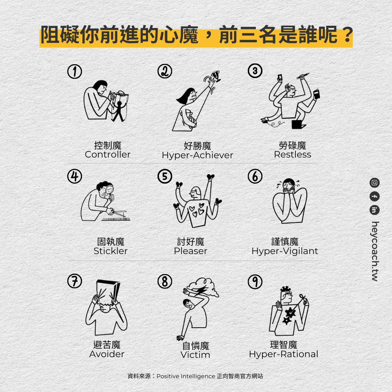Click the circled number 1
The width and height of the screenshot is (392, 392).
click(75, 72)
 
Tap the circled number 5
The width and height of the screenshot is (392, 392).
click(165, 176)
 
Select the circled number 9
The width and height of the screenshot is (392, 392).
click(255, 282)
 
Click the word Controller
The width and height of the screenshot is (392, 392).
click(108, 155)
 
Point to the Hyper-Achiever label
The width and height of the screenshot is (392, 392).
click(197, 155)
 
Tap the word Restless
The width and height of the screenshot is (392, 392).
click(293, 155)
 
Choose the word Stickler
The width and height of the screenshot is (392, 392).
click(110, 251)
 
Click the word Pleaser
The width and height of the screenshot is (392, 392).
click(191, 251)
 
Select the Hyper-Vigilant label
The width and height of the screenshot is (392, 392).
click(285, 251)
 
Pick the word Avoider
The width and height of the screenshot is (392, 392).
click(107, 354)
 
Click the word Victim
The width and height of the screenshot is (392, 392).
click(195, 355)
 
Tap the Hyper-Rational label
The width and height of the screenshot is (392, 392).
click(283, 354)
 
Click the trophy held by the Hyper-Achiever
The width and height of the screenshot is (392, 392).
click(216, 76)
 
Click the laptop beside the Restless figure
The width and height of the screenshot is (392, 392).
click(298, 124)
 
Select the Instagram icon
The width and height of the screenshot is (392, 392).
click(375, 183)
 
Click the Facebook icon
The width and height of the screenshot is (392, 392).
click(375, 196)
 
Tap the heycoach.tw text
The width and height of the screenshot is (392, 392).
click(375, 252)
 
